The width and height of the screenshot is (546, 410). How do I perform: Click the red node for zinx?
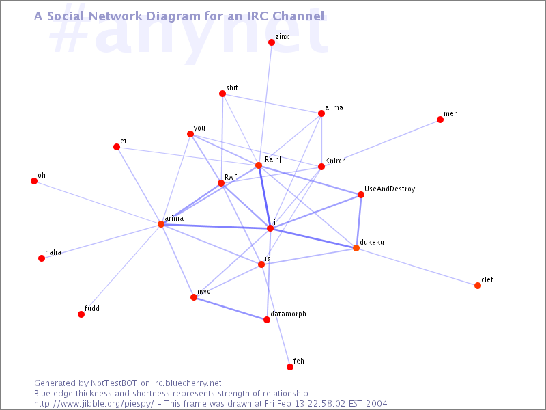(x=272, y=42)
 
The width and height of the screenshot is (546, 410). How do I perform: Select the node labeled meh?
(x=440, y=120)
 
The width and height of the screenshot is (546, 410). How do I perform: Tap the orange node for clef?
(x=478, y=286)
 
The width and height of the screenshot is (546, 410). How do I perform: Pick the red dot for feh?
(x=290, y=367)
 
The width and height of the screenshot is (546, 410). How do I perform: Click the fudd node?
(x=81, y=314)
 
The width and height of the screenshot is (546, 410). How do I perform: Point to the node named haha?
(x=42, y=258)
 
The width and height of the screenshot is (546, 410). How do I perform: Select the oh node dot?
(x=34, y=181)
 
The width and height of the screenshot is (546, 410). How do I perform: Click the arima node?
(x=161, y=224)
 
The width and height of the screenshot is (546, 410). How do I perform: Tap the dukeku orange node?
(x=356, y=248)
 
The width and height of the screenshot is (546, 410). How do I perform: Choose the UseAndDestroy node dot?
(x=361, y=195)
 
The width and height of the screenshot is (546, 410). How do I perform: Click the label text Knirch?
(x=335, y=161)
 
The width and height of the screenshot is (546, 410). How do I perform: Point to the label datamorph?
(x=288, y=314)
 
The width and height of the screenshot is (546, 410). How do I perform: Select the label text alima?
(x=334, y=107)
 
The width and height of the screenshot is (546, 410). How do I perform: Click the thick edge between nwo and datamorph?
(x=230, y=309)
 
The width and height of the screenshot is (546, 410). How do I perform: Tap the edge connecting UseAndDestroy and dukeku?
(x=359, y=221)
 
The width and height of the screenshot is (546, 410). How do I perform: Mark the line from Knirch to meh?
(x=381, y=143)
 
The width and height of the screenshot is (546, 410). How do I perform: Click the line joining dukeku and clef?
(x=417, y=267)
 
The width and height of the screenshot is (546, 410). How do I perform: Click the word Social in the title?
(x=67, y=16)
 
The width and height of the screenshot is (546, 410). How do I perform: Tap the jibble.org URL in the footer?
(x=94, y=404)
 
